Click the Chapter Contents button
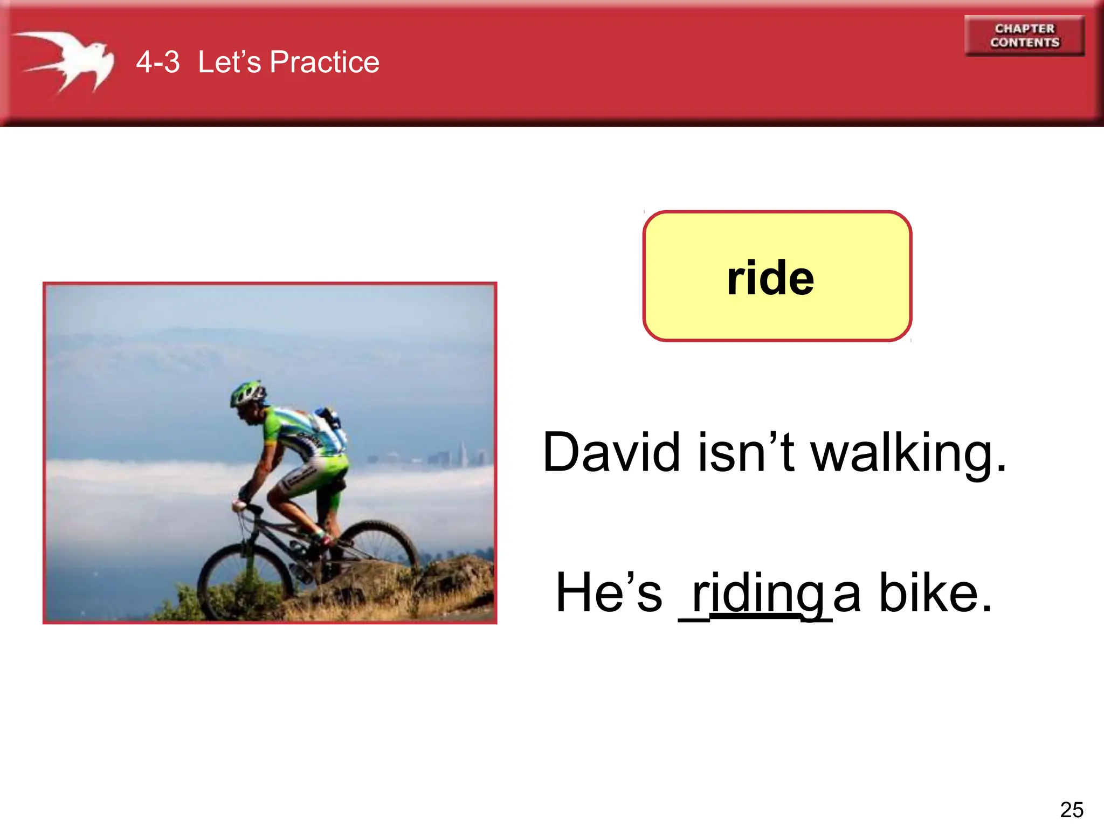pyautogui.click(x=1024, y=36)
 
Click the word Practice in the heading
pyautogui.click(x=325, y=62)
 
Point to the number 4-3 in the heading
pyautogui.click(x=157, y=62)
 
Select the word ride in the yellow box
pyautogui.click(x=770, y=278)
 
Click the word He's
pyautogui.click(x=609, y=593)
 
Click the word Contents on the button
pyautogui.click(x=1024, y=43)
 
